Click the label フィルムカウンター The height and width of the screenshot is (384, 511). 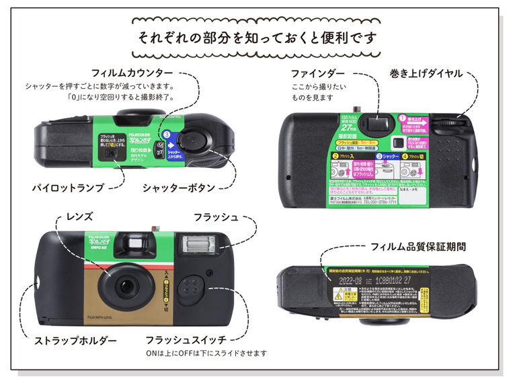tap(132, 72)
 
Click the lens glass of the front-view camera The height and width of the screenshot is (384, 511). tap(126, 286)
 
